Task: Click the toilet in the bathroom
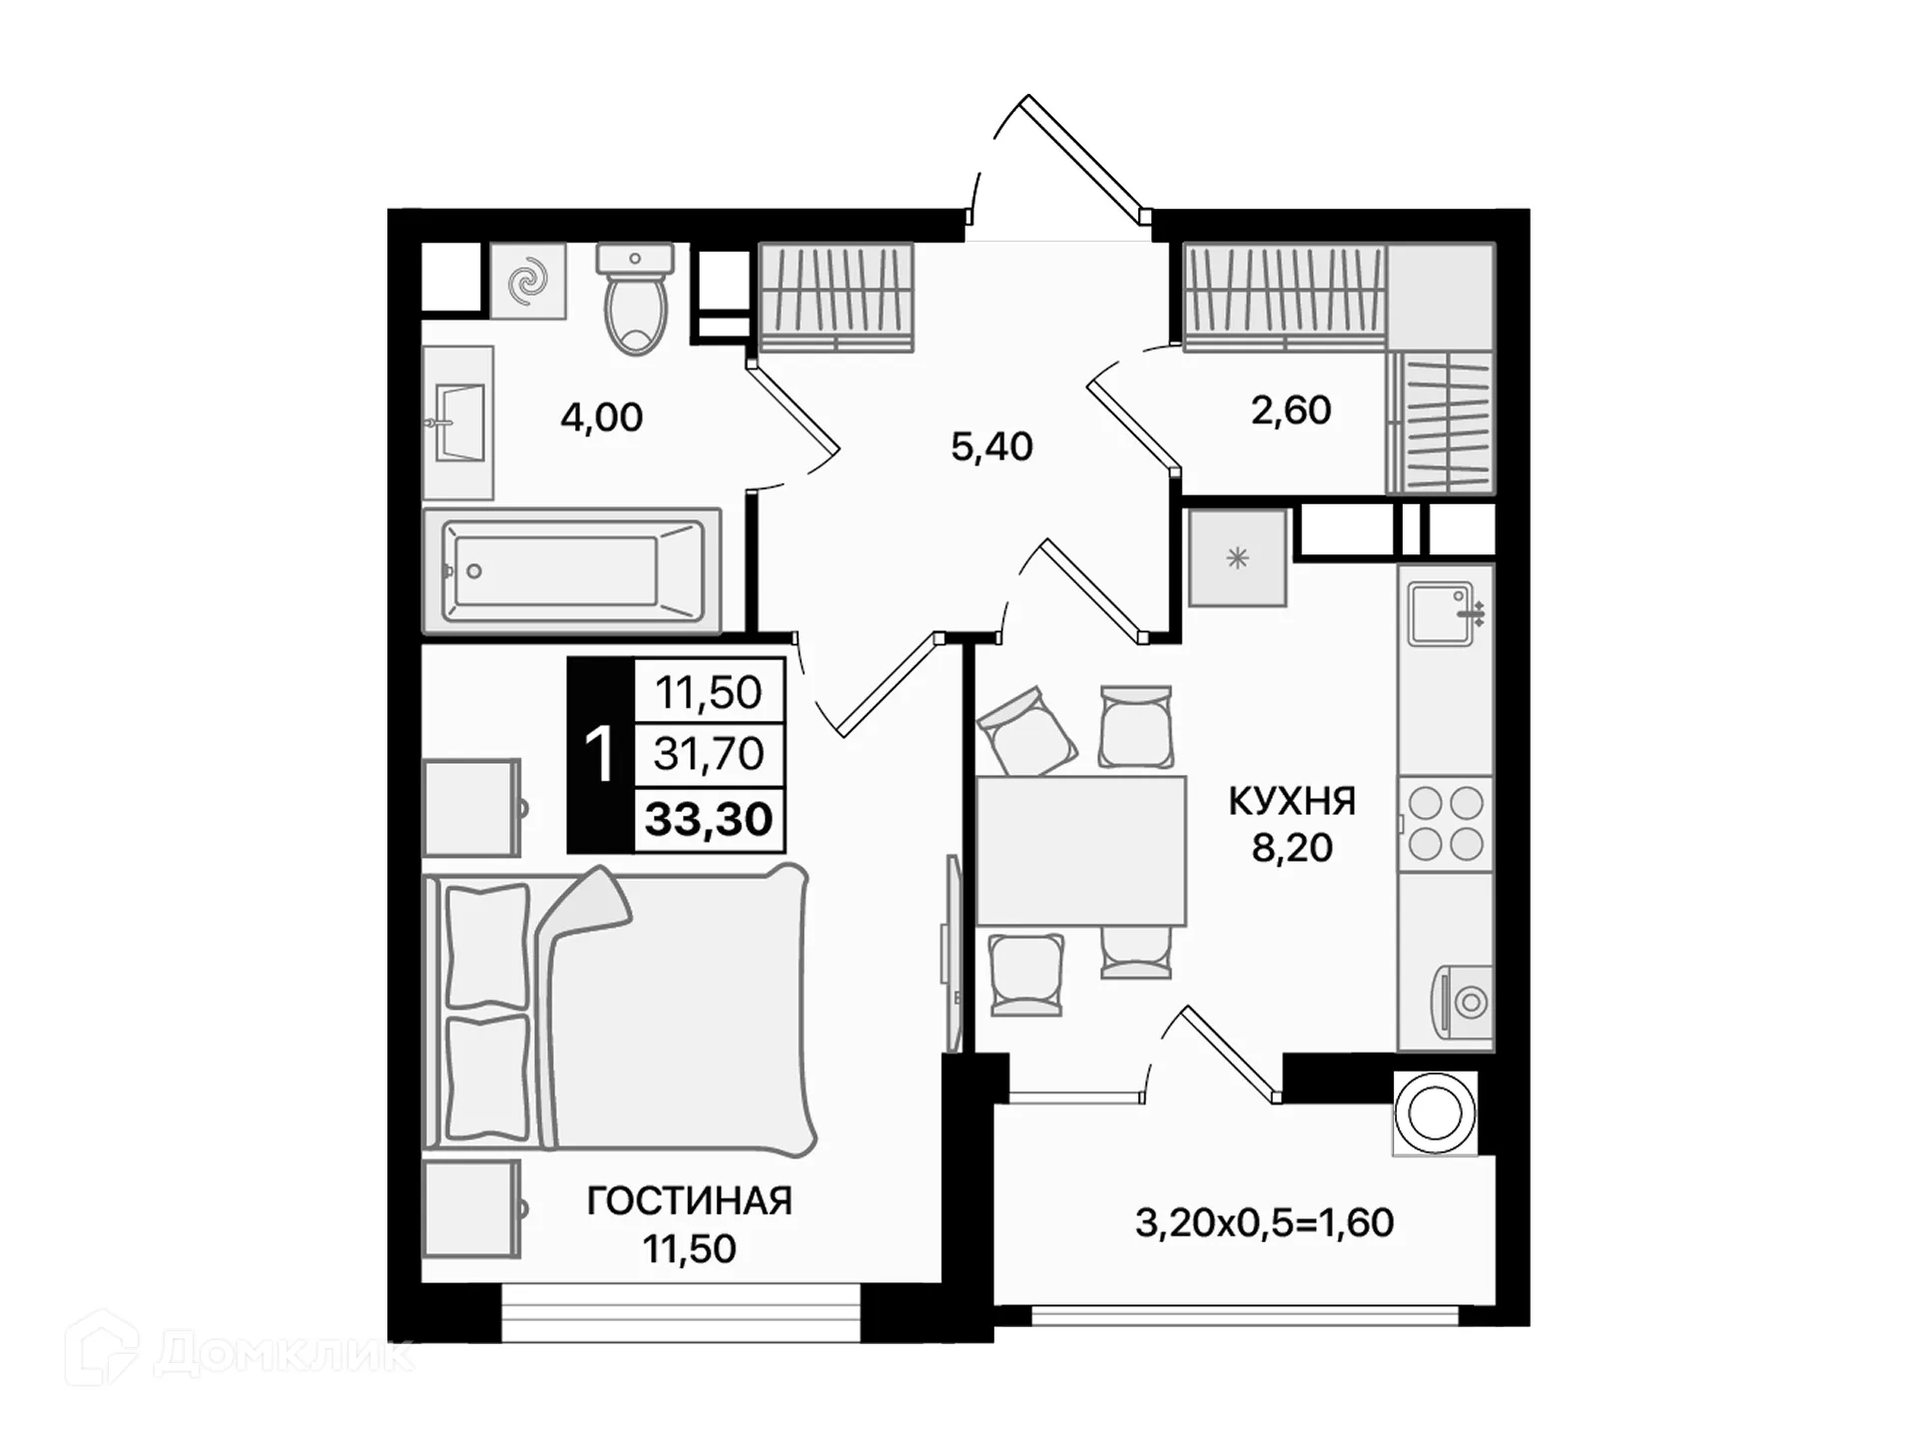(x=635, y=305)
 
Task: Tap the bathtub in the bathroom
(x=570, y=571)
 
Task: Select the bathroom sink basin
(x=459, y=422)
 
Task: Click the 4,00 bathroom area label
(x=601, y=417)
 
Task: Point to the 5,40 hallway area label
(x=991, y=446)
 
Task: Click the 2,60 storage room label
(x=1291, y=410)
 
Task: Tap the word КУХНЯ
(x=1292, y=801)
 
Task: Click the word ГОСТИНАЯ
(x=689, y=1201)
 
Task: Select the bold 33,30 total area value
(x=709, y=820)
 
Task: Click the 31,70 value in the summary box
(x=709, y=754)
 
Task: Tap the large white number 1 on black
(x=599, y=755)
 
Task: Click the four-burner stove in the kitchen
(x=1445, y=823)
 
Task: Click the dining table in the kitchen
(x=1080, y=851)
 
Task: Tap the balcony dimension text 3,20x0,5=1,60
(x=1264, y=1223)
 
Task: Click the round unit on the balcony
(x=1435, y=1112)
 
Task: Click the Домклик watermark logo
(x=240, y=1350)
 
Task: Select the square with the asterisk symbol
(x=1237, y=558)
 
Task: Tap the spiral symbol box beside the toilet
(x=528, y=282)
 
